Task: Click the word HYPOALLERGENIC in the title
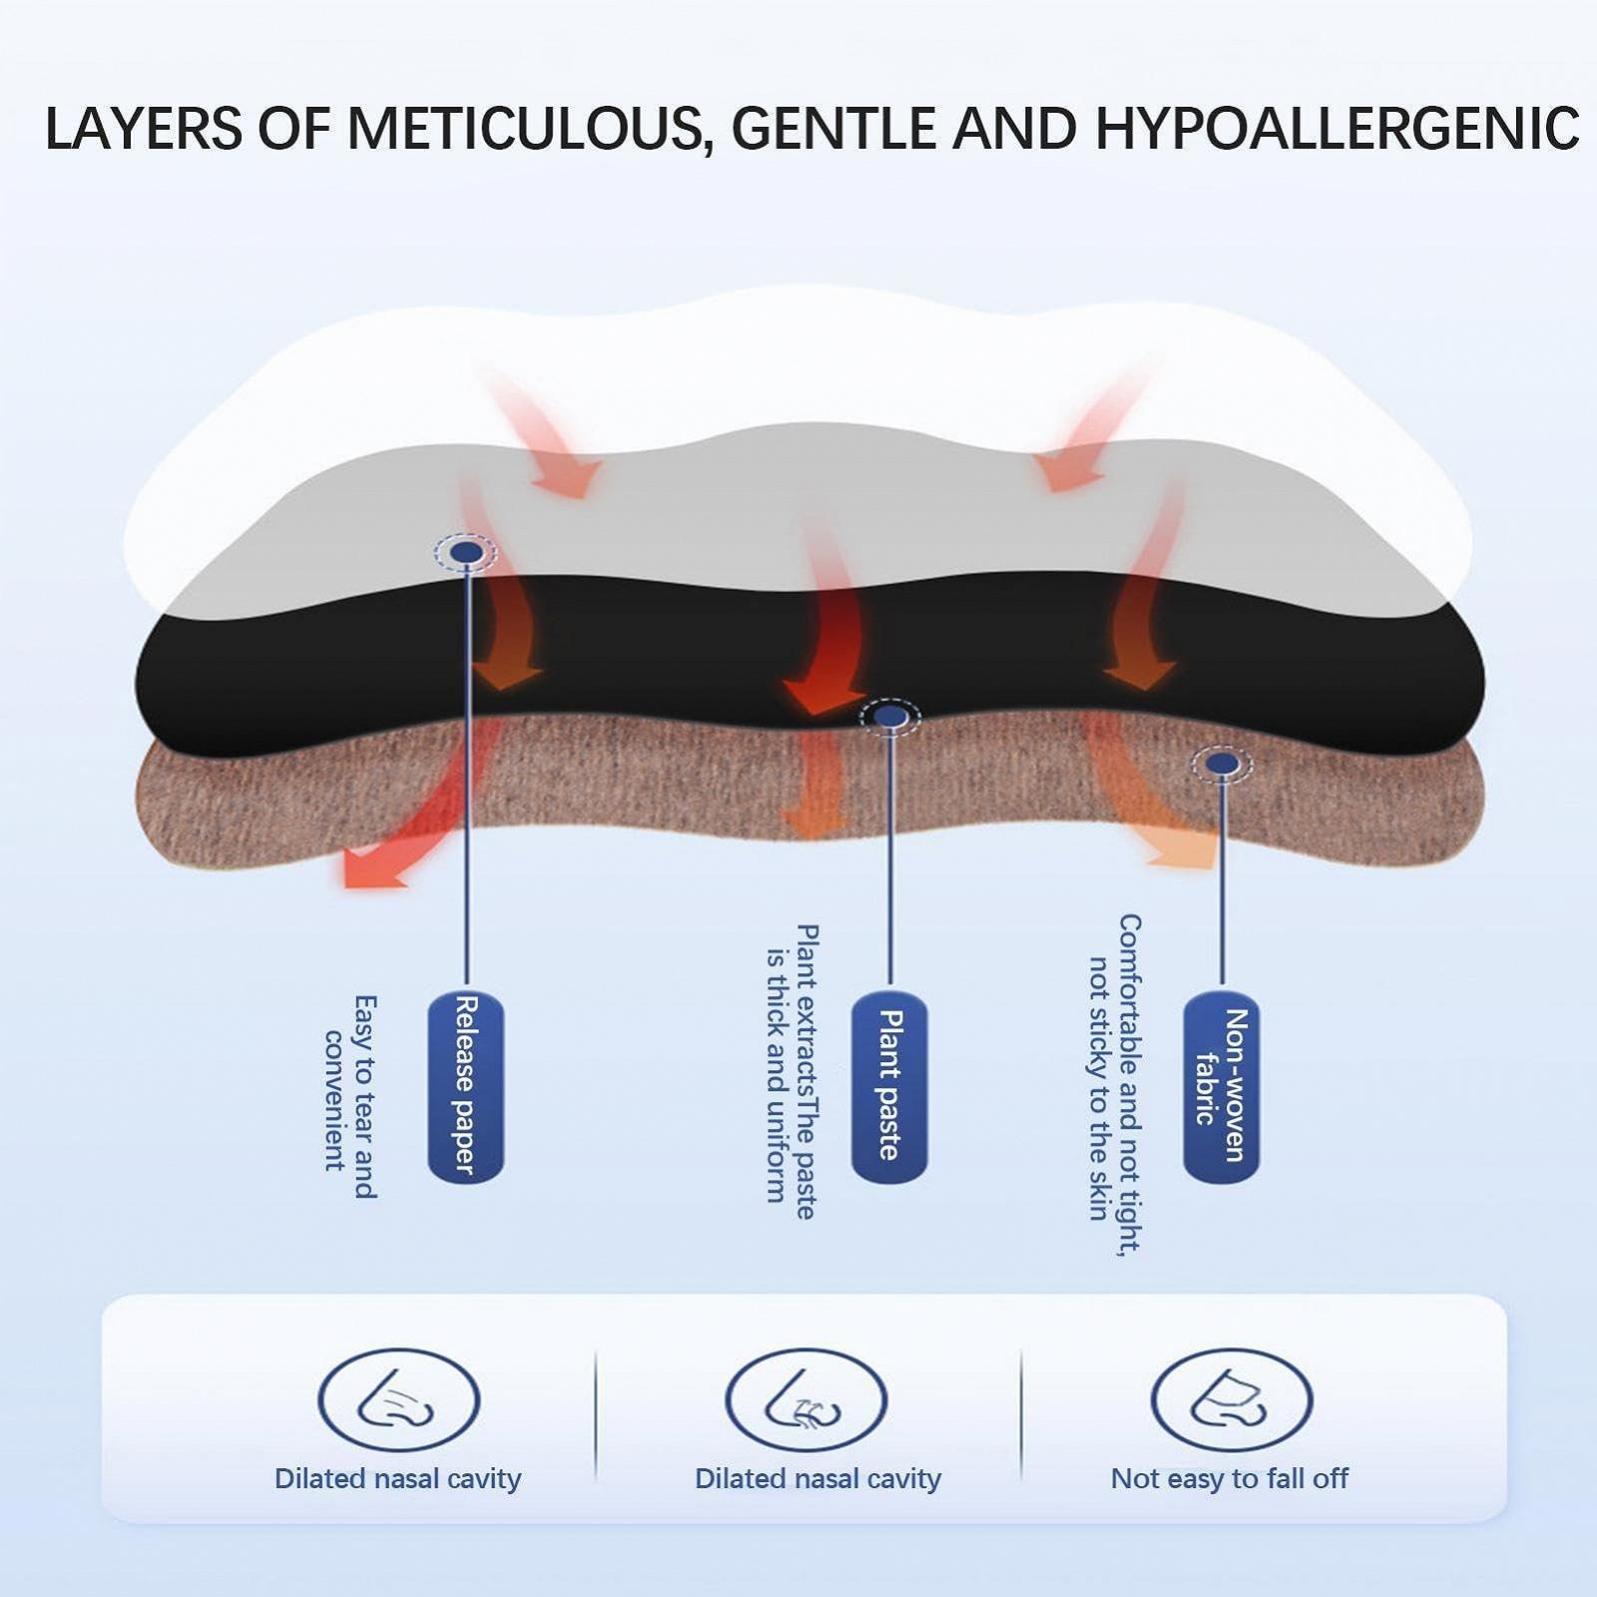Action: (1336, 129)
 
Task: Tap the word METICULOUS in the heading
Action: (525, 129)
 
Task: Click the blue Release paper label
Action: (466, 1087)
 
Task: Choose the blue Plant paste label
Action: (889, 1087)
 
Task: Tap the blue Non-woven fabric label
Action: (1222, 1087)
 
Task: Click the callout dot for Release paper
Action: (466, 552)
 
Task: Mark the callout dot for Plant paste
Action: (889, 717)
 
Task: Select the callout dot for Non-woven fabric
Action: (1222, 765)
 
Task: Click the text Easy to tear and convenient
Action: (350, 1095)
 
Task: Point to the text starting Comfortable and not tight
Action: (1114, 1083)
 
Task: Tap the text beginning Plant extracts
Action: (792, 1071)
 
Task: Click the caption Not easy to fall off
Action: (1229, 1478)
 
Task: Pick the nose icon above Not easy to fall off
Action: (1231, 1399)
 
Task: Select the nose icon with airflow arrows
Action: (805, 1399)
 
